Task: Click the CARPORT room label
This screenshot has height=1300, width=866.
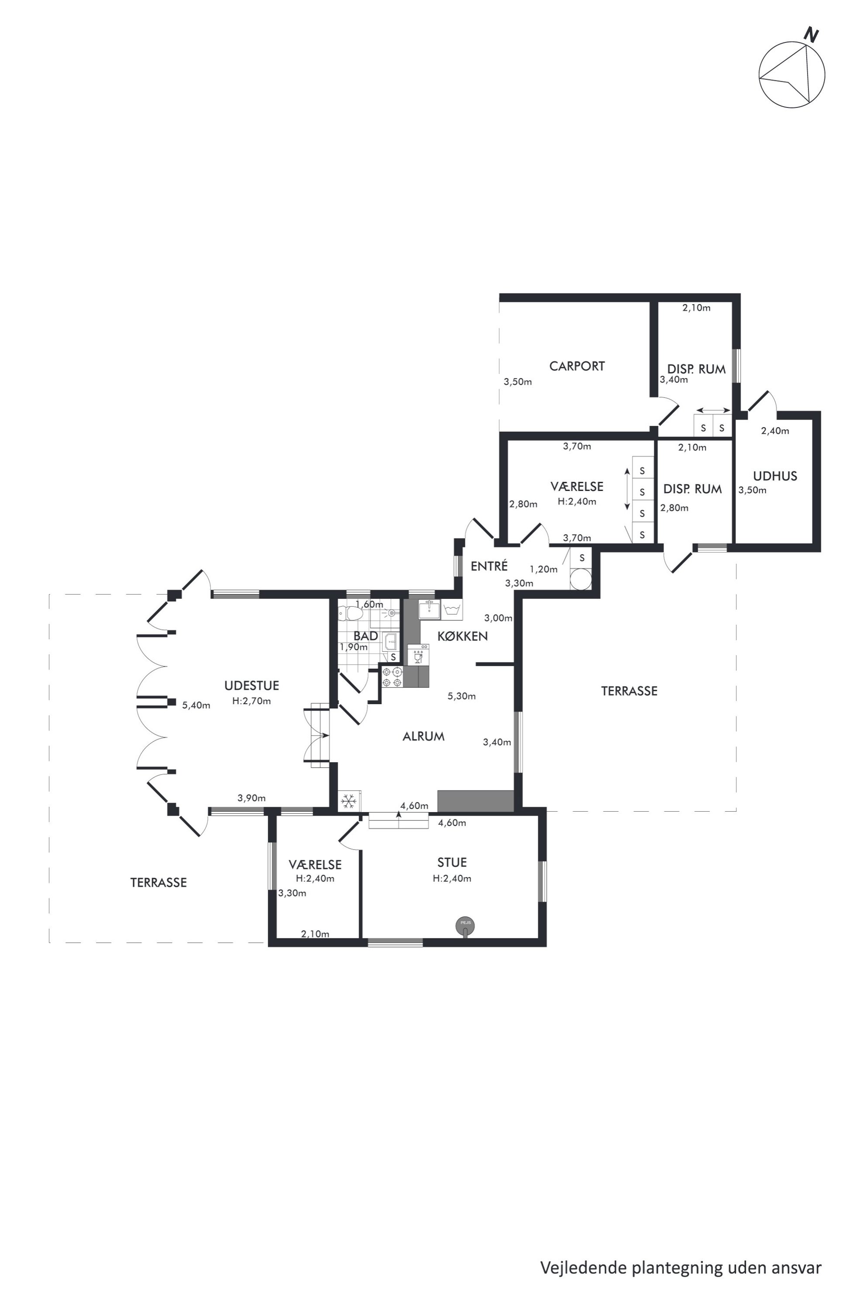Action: pos(577,366)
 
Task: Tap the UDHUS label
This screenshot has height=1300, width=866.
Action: pos(775,476)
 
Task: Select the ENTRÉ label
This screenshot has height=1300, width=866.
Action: pos(489,566)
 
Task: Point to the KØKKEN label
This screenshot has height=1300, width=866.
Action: pos(462,636)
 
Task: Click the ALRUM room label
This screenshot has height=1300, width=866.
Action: pos(423,736)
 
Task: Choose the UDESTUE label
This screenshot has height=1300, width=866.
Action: pos(251,685)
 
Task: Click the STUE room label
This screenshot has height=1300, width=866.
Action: pos(452,862)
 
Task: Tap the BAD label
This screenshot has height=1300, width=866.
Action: pos(366,636)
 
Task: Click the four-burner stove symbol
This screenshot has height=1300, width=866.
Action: pos(392,677)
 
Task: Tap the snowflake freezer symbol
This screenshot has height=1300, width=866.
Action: pos(348,800)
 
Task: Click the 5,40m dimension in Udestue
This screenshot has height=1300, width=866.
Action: pos(196,705)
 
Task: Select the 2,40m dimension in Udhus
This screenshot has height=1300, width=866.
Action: pos(775,431)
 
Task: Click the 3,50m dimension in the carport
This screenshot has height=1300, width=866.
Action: pos(518,381)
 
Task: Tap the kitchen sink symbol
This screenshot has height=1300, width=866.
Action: pos(429,610)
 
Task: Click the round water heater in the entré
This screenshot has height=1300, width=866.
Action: pos(581,579)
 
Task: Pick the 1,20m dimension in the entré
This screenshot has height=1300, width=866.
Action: pos(543,569)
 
